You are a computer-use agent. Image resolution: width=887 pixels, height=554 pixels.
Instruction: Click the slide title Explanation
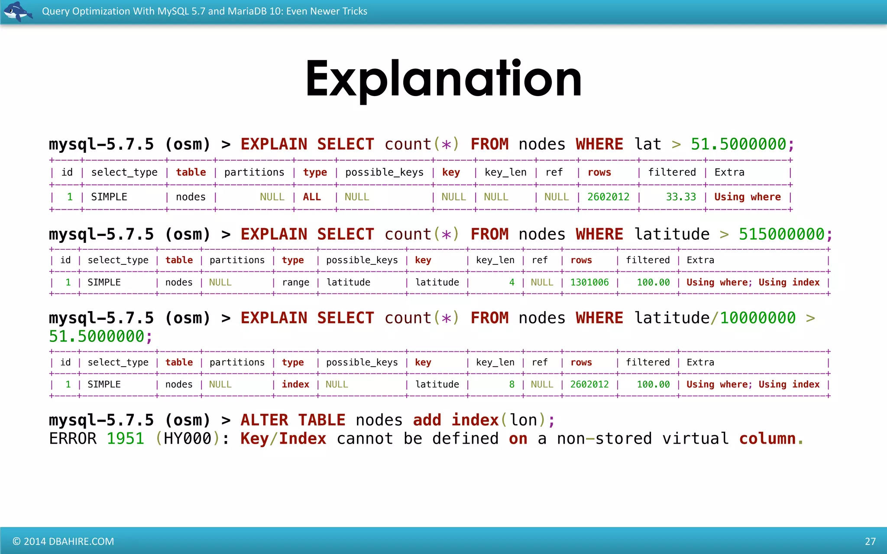pyautogui.click(x=443, y=79)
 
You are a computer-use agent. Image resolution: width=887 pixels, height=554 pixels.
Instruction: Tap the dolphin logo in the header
pyautogui.click(x=17, y=11)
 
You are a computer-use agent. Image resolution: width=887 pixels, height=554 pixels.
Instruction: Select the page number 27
pyautogui.click(x=870, y=541)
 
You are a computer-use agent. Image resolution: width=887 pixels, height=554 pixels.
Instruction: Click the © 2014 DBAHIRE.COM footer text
pyautogui.click(x=63, y=541)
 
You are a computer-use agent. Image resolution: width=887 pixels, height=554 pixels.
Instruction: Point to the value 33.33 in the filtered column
pyautogui.click(x=681, y=197)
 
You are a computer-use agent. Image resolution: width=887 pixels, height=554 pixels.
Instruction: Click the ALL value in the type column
pyautogui.click(x=312, y=197)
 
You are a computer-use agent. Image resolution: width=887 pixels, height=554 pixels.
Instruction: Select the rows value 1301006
pyautogui.click(x=589, y=283)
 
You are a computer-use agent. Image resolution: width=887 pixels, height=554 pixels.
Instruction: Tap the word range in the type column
pyautogui.click(x=295, y=283)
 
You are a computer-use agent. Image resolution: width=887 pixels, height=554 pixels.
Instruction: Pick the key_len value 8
pyautogui.click(x=511, y=384)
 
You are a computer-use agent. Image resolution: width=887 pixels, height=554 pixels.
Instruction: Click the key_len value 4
pyautogui.click(x=511, y=283)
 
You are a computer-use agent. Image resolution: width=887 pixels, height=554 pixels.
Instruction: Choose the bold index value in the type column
pyautogui.click(x=295, y=384)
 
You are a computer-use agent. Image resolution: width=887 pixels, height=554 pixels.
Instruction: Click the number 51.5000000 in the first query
pyautogui.click(x=738, y=144)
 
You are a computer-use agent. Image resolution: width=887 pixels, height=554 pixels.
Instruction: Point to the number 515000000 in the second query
pyautogui.click(x=781, y=234)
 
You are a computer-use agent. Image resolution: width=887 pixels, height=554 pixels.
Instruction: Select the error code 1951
pyautogui.click(x=125, y=438)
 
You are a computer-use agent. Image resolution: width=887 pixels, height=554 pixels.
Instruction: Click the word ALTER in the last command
pyautogui.click(x=264, y=420)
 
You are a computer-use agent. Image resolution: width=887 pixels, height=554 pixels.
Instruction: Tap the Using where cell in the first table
pyautogui.click(x=747, y=197)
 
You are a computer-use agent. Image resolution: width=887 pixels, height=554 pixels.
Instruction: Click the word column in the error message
pyautogui.click(x=767, y=438)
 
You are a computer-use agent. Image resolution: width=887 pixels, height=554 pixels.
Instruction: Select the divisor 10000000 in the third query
pyautogui.click(x=758, y=318)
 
